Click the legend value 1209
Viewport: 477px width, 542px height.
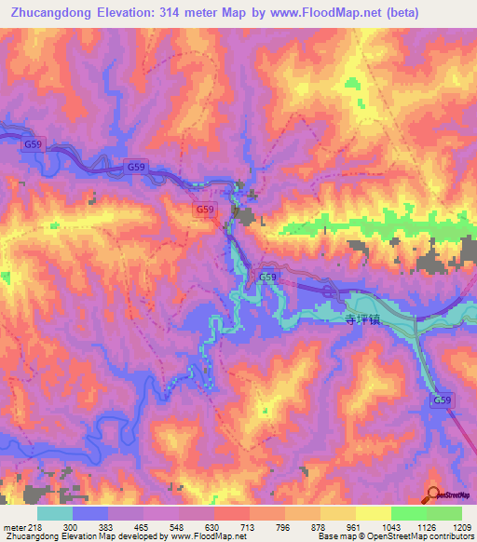(459, 527)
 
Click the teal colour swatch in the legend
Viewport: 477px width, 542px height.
(55, 513)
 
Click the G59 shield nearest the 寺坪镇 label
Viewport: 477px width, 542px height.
(267, 278)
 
